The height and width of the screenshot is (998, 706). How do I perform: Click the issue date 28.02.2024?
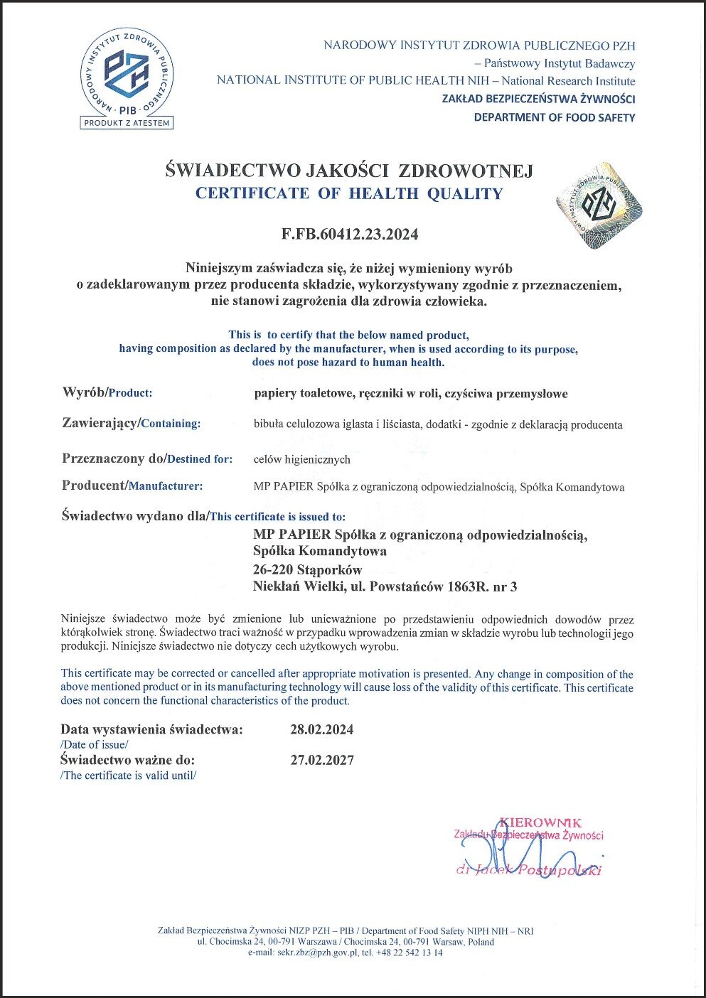click(321, 730)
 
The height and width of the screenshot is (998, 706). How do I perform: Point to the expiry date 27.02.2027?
click(321, 760)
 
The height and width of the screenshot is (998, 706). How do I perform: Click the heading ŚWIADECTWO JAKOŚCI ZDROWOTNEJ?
click(348, 171)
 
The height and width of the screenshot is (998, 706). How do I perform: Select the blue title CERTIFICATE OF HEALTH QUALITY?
click(348, 193)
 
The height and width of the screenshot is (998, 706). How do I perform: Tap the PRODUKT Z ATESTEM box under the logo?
click(127, 123)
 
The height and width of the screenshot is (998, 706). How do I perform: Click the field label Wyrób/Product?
click(107, 392)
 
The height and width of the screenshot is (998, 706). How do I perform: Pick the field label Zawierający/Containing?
click(131, 423)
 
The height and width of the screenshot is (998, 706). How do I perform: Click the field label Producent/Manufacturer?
click(132, 485)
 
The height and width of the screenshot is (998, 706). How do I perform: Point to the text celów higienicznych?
click(301, 459)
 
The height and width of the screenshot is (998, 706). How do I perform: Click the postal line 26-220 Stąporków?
click(307, 569)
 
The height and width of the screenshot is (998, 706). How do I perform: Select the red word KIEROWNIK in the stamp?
click(540, 822)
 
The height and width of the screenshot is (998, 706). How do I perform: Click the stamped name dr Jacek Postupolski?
click(529, 870)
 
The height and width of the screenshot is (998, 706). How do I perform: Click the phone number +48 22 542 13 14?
click(409, 953)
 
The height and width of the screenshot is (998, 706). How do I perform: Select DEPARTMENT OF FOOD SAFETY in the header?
click(554, 117)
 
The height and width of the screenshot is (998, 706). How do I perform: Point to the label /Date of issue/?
click(94, 744)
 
